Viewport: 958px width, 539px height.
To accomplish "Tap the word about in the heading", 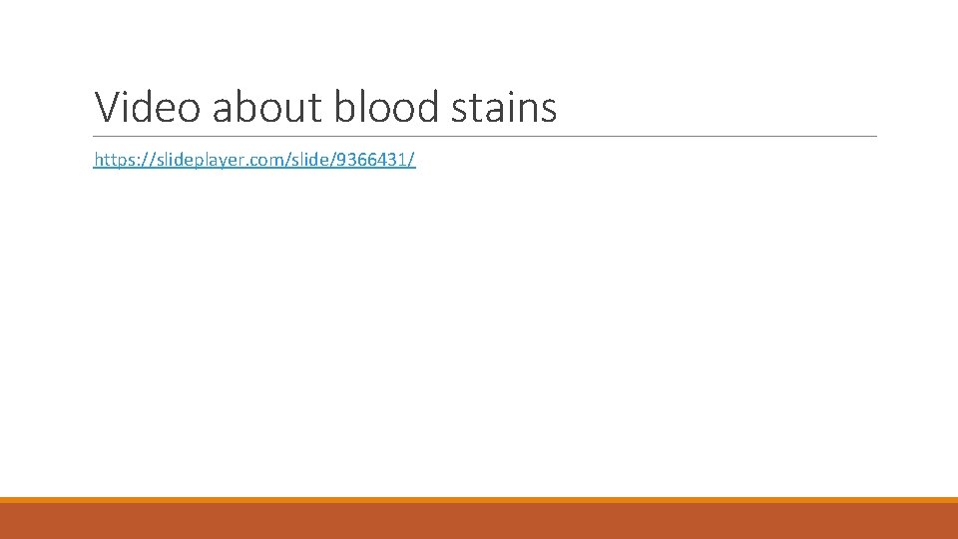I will [x=267, y=107].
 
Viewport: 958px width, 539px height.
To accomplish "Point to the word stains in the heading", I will [x=504, y=107].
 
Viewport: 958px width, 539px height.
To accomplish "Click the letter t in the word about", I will [x=316, y=108].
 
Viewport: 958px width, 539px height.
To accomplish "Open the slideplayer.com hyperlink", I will [x=254, y=160].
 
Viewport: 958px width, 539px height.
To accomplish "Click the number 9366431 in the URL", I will [x=371, y=160].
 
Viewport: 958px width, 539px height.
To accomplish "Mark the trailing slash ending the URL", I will [x=412, y=160].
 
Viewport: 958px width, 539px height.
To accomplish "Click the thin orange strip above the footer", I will [x=479, y=500].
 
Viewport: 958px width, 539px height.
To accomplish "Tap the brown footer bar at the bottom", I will [x=479, y=521].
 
